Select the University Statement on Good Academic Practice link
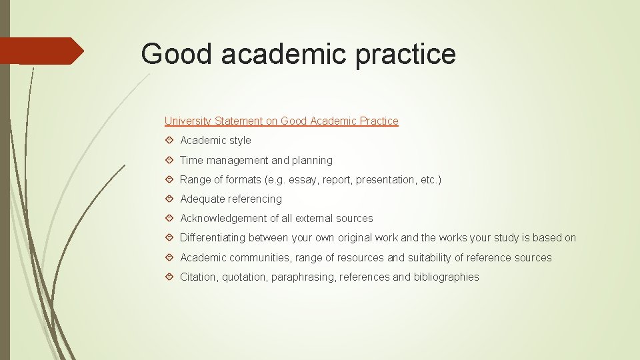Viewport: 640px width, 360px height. tap(281, 121)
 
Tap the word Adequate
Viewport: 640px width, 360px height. tap(203, 199)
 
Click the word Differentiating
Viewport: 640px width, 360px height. tap(215, 238)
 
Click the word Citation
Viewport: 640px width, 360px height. tap(198, 277)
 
